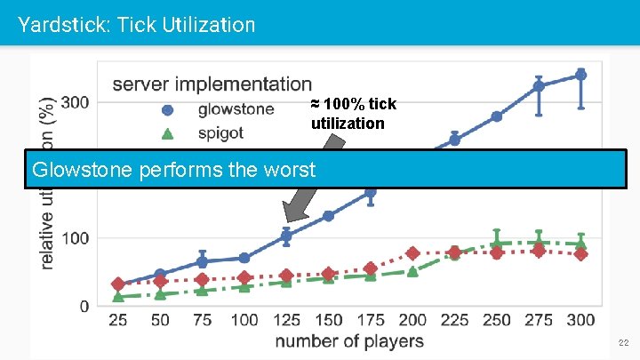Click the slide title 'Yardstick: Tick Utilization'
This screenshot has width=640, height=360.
pos(136,24)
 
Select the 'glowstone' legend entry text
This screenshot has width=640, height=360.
pos(236,110)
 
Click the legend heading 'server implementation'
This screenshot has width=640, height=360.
pos(212,84)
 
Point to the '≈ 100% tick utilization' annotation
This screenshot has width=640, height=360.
pos(353,114)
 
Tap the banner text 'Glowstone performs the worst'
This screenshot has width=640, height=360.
pos(172,169)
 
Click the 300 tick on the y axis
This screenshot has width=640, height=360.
pos(74,102)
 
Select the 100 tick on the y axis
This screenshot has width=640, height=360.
pos(74,238)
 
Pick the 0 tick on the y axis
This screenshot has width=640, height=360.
pos(84,307)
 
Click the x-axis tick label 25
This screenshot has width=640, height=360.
pos(117,320)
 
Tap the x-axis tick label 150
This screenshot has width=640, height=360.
pos(328,320)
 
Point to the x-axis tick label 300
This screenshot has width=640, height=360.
pos(580,320)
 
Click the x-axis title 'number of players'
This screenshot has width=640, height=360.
pos(349,341)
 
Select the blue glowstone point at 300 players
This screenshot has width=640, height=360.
pos(580,75)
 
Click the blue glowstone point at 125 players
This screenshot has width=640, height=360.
pos(286,236)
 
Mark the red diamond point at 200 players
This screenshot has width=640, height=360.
pos(412,253)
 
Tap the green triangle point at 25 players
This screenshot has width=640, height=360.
pos(118,296)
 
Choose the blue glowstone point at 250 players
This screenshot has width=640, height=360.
pos(497,116)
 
